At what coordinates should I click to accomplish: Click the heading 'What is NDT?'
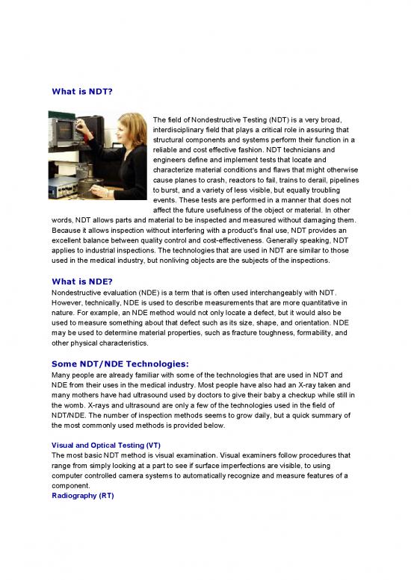[x=81, y=93]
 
